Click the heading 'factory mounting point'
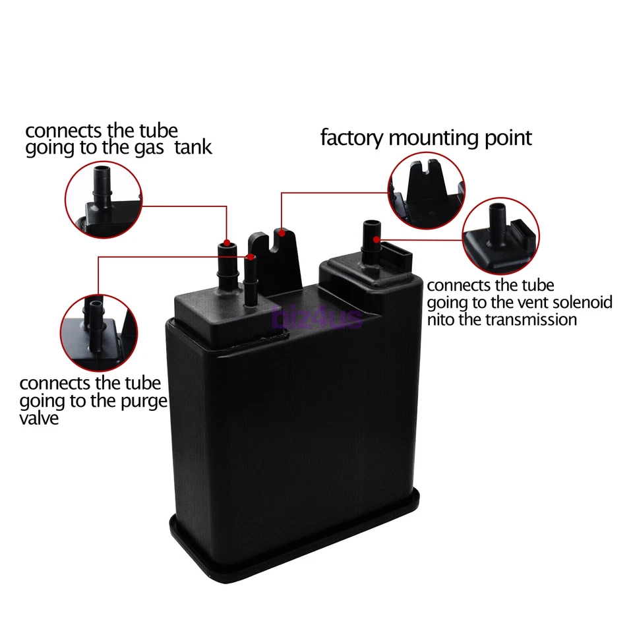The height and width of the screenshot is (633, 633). pos(425,138)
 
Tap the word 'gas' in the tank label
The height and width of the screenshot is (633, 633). pos(153,147)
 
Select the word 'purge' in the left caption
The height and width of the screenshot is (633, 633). pos(142,402)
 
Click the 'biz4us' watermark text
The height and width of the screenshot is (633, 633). pos(317,319)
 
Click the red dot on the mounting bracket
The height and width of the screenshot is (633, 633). pos(282,231)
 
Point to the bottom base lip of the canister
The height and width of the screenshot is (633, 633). pos(297,551)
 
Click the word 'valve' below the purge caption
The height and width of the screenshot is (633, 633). pos(39,418)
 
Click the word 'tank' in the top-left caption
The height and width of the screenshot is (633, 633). pos(195,147)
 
